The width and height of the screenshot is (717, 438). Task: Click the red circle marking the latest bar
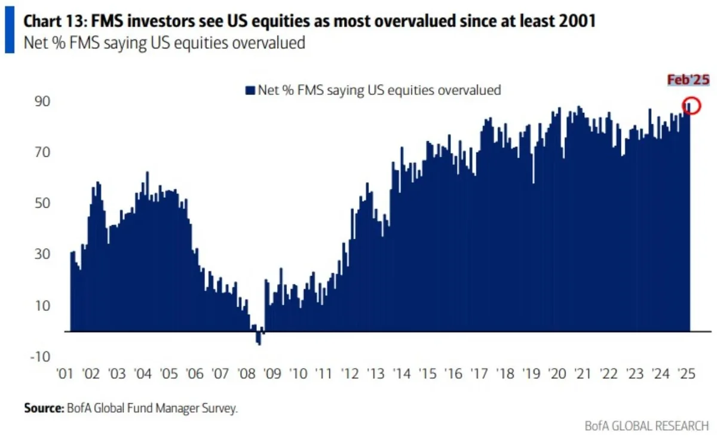(x=691, y=105)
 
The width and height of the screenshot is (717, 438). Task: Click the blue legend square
(x=250, y=90)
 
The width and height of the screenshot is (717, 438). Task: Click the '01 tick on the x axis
(x=66, y=375)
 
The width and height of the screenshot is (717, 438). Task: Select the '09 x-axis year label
(x=272, y=375)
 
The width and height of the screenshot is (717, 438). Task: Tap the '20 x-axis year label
(x=557, y=375)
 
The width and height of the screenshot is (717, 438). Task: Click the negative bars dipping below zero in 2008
(x=258, y=338)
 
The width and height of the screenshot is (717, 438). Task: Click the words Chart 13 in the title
(x=50, y=22)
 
